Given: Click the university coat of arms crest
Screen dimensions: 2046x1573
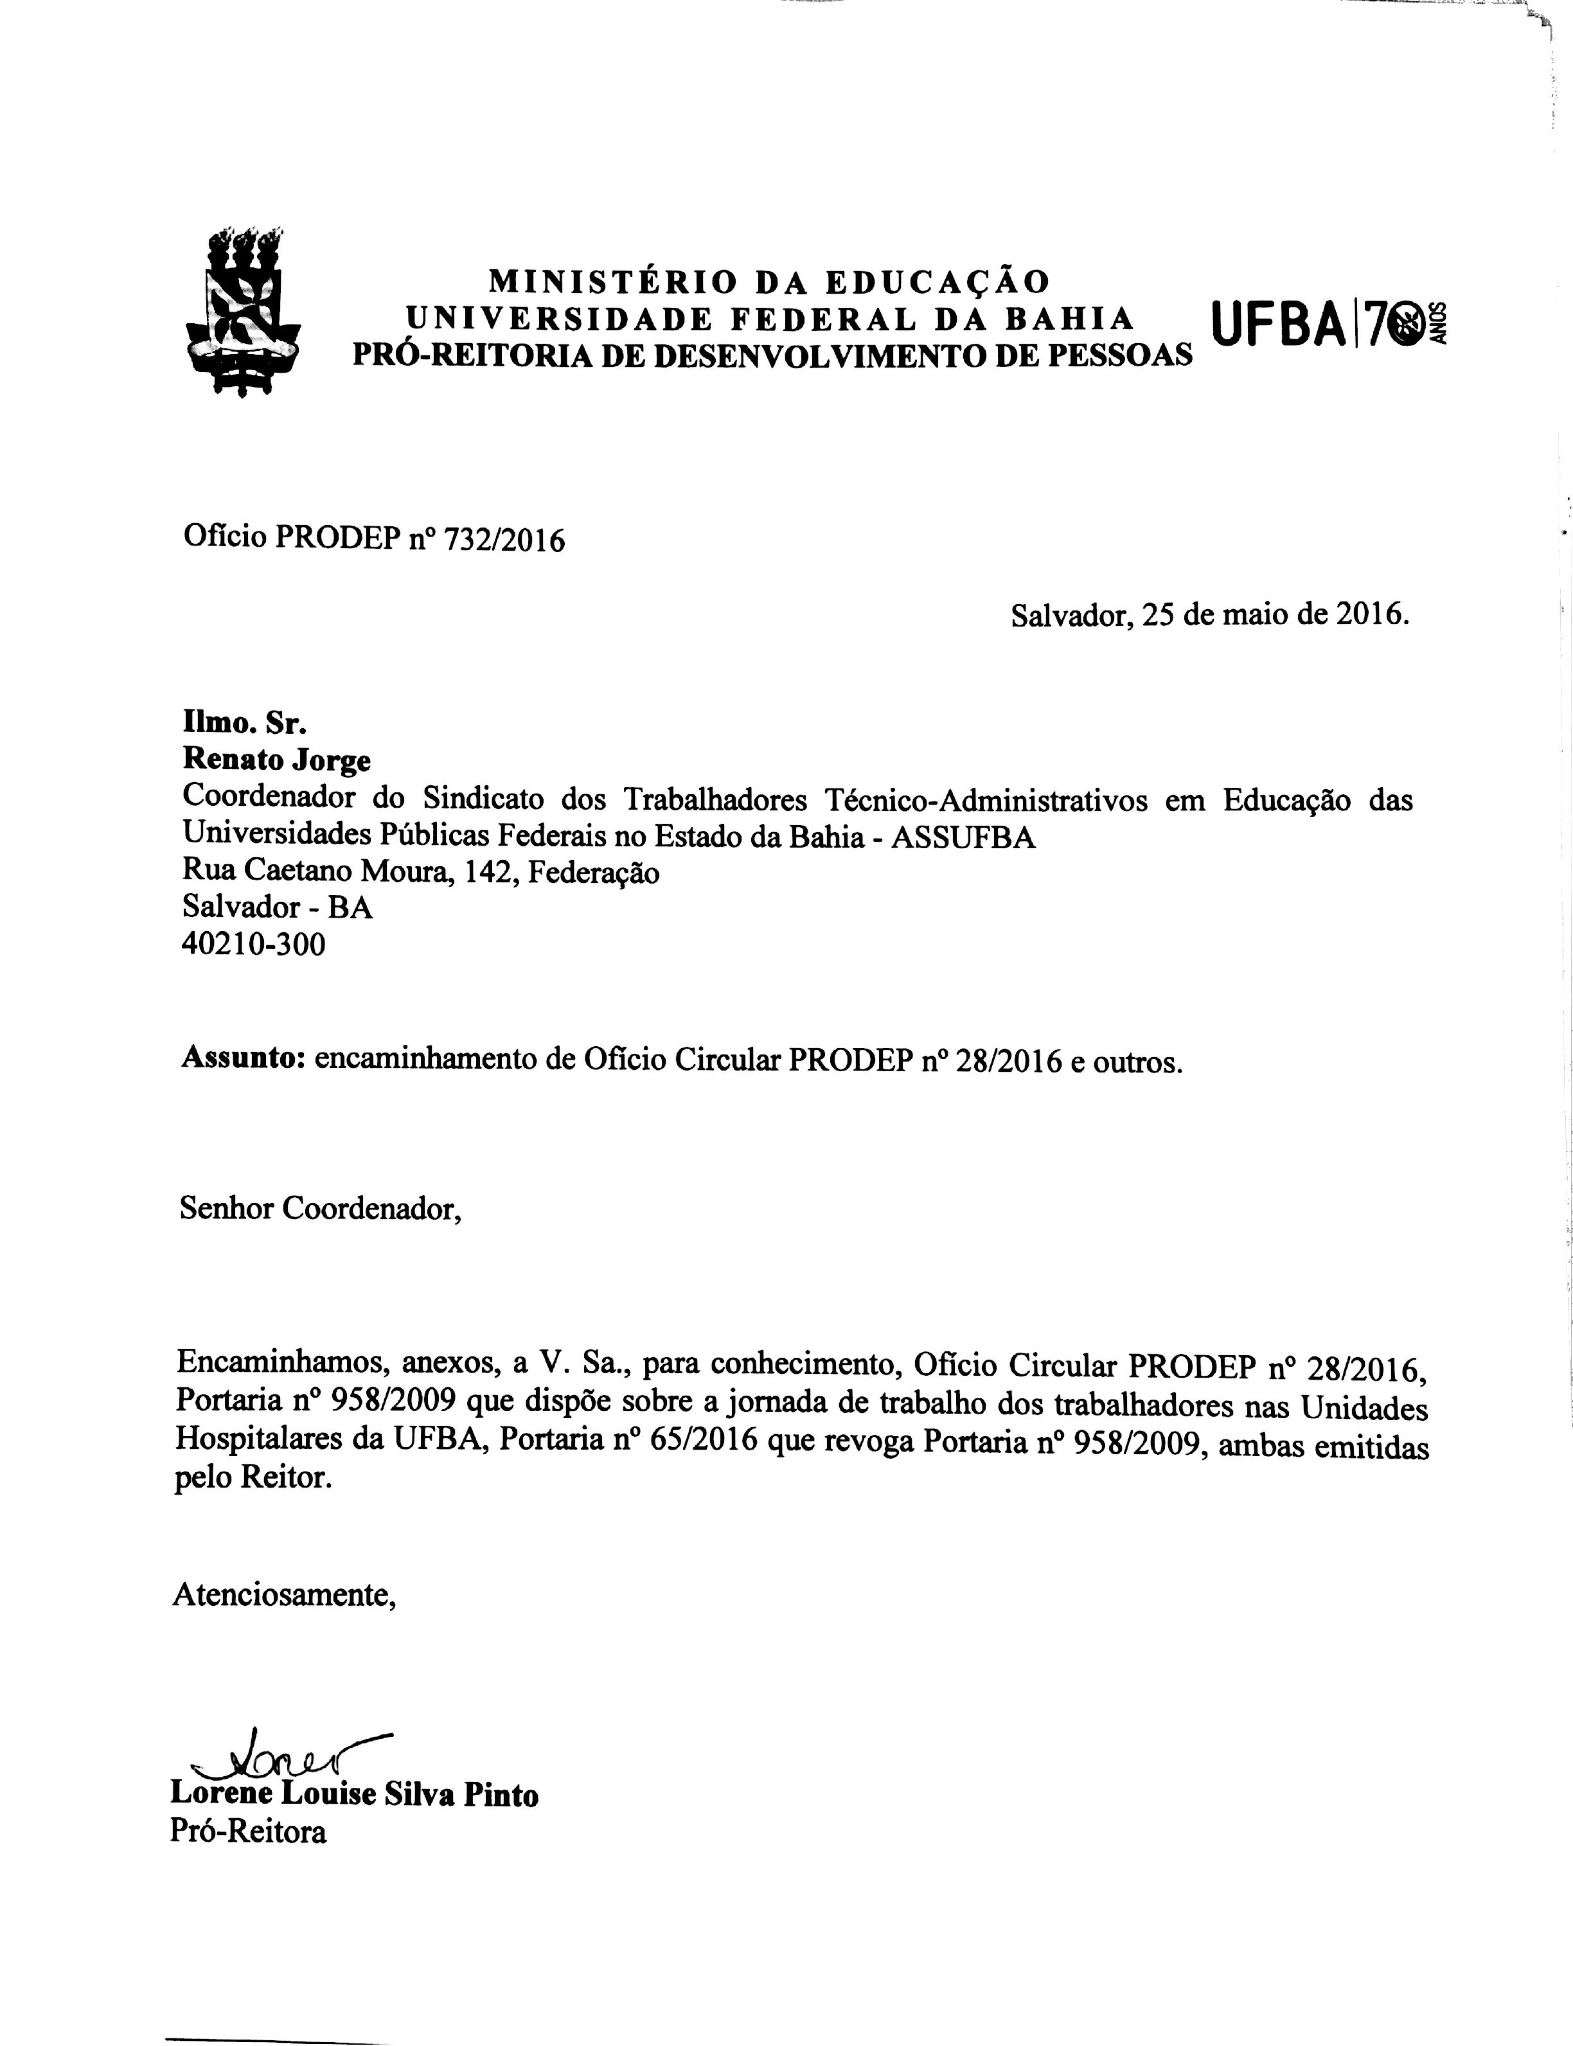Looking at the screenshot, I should (242, 312).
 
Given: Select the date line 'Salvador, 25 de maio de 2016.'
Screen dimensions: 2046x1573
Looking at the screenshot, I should (1210, 615).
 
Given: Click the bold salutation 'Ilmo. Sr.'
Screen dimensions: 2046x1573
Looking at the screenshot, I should (244, 723).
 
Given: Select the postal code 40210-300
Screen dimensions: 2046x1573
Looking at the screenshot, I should (254, 945).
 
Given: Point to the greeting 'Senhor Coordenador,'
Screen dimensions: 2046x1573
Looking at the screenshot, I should (321, 1209).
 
